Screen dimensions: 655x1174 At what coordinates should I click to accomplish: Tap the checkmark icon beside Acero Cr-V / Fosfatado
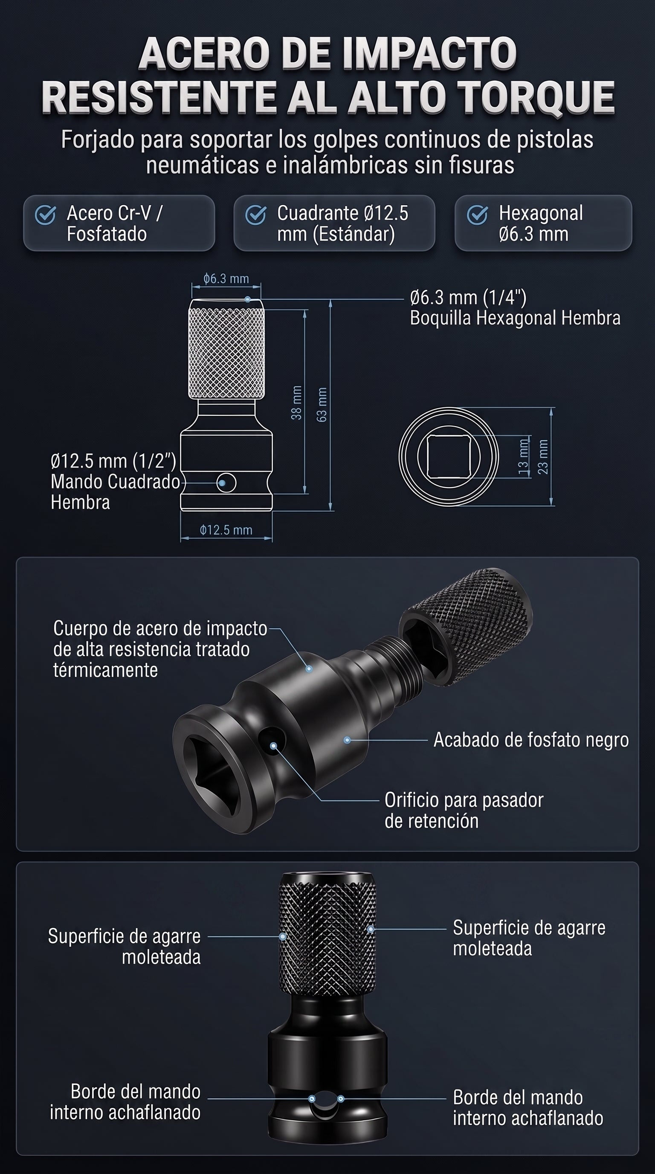[46, 215]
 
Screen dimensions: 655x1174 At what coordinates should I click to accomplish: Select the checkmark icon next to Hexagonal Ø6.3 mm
[477, 215]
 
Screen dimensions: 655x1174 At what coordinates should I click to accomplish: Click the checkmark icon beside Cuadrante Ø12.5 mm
[255, 215]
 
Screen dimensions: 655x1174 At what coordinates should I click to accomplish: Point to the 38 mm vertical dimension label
[296, 402]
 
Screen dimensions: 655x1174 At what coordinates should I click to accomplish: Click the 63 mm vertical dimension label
[322, 405]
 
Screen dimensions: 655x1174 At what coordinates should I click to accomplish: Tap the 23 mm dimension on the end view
[543, 456]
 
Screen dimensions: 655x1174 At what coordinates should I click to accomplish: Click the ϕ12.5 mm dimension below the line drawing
[226, 530]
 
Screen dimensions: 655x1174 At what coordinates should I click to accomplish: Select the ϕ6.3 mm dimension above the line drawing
[226, 279]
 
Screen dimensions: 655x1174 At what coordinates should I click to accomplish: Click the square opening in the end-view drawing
[449, 456]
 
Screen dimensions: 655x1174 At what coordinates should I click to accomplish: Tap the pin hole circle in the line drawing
[226, 482]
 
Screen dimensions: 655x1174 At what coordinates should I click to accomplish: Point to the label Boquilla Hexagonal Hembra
[515, 318]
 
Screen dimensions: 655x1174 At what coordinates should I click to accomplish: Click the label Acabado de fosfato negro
[531, 740]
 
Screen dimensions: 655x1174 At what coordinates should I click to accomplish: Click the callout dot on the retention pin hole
[274, 746]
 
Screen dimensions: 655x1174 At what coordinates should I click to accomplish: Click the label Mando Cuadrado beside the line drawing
[115, 482]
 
